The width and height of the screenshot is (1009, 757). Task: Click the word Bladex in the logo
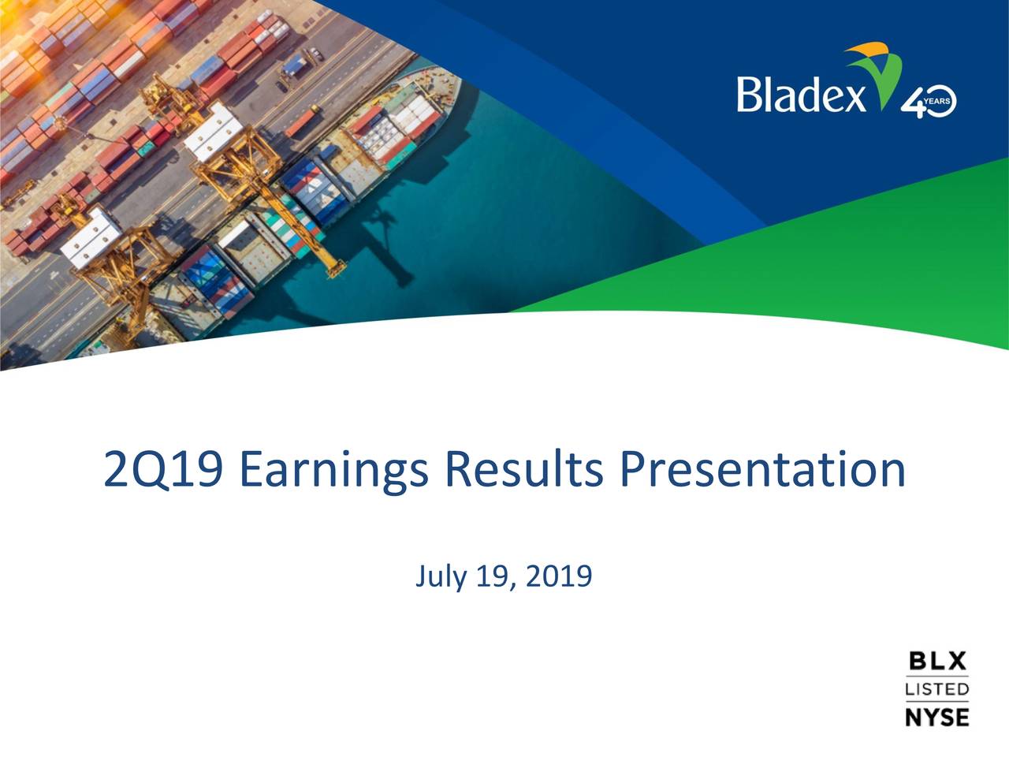(x=801, y=95)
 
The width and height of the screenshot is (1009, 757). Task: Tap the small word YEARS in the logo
(x=936, y=101)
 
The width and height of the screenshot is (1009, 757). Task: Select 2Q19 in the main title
(x=163, y=469)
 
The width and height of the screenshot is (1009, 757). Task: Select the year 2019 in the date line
(x=559, y=576)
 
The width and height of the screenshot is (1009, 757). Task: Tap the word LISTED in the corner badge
(x=936, y=689)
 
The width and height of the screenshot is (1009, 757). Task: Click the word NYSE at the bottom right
(x=936, y=717)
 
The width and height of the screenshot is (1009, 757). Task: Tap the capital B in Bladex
(x=747, y=95)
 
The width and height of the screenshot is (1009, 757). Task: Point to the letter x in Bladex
(x=854, y=99)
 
